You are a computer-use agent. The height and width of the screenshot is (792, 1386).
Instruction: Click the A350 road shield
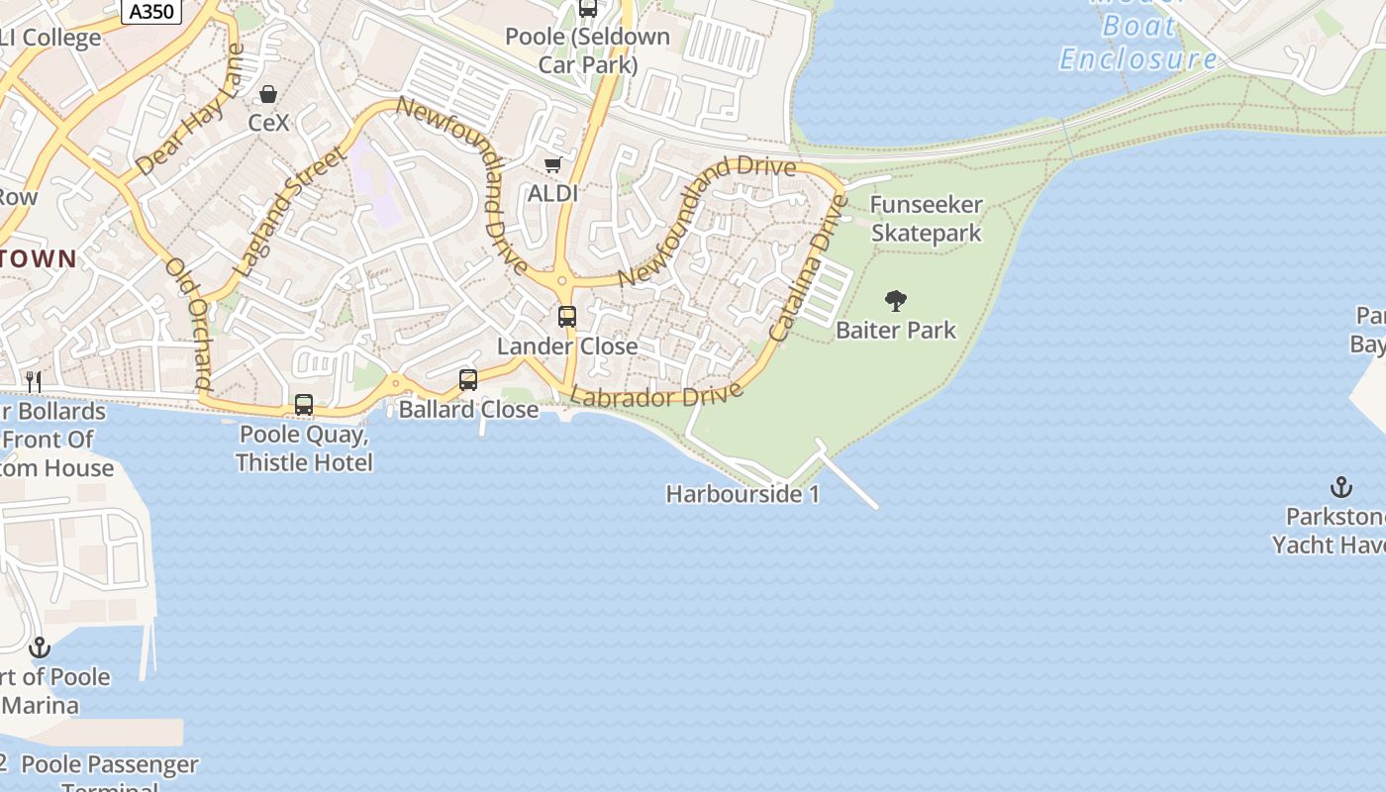151,12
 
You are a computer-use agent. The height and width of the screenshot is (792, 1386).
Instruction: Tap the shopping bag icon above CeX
267,94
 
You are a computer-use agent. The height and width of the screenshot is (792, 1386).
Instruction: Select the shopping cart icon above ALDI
552,164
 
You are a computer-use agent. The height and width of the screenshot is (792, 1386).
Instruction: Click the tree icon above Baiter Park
896,300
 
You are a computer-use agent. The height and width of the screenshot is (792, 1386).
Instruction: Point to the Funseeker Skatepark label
927,219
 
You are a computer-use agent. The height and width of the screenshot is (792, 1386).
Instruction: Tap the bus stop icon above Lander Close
567,317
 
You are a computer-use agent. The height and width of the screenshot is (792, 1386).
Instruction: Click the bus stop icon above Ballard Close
468,379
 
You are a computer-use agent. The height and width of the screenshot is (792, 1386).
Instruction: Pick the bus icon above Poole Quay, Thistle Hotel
304,404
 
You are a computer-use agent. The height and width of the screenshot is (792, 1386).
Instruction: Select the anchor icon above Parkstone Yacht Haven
1340,487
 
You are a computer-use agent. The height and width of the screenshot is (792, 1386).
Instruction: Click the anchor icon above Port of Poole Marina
40,647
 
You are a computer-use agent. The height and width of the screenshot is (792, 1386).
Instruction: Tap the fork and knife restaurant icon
34,381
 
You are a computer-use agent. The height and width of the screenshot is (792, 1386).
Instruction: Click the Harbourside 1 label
742,494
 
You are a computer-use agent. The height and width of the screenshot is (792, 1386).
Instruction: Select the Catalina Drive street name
809,268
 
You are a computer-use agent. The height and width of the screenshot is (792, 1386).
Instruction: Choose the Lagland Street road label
291,210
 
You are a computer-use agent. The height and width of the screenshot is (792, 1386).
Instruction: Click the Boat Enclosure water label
1138,43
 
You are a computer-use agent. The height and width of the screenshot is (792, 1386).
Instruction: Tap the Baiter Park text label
896,330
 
